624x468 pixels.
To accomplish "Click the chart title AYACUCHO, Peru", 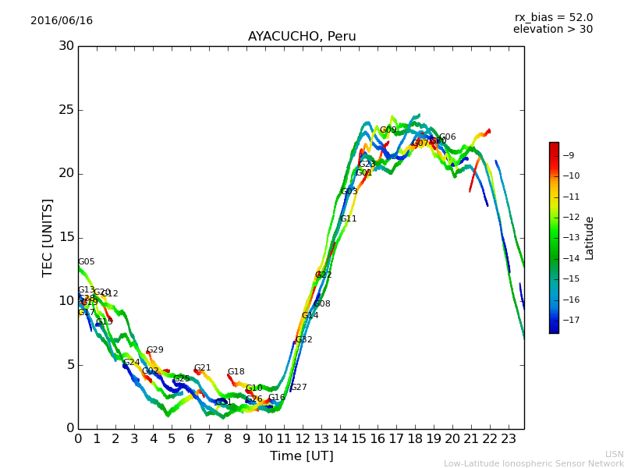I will point(302,37).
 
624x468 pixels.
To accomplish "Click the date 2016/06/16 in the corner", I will point(62,21).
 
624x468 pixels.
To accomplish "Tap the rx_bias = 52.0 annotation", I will point(554,18).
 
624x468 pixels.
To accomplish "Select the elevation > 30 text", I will point(553,30).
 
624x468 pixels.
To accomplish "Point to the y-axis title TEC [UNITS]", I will point(48,237).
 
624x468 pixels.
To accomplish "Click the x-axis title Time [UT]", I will point(301,456).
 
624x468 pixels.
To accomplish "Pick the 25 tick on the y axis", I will point(67,110).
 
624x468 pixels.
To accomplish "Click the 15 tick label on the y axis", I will point(67,237).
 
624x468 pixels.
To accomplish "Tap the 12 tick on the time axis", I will point(303,439).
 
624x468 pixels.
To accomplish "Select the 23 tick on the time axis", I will point(509,439).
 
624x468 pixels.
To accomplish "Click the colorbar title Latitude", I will point(590,238).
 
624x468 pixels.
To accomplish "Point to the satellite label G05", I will point(87,262).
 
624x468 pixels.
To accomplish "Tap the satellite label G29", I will point(155,350).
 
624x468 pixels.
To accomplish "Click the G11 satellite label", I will point(349,219).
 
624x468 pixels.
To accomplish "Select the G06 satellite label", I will point(448,137).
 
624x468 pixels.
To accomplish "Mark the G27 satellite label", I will point(299,388).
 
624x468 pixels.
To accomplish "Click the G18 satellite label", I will point(236,372).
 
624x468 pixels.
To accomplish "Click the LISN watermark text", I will point(614,454).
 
